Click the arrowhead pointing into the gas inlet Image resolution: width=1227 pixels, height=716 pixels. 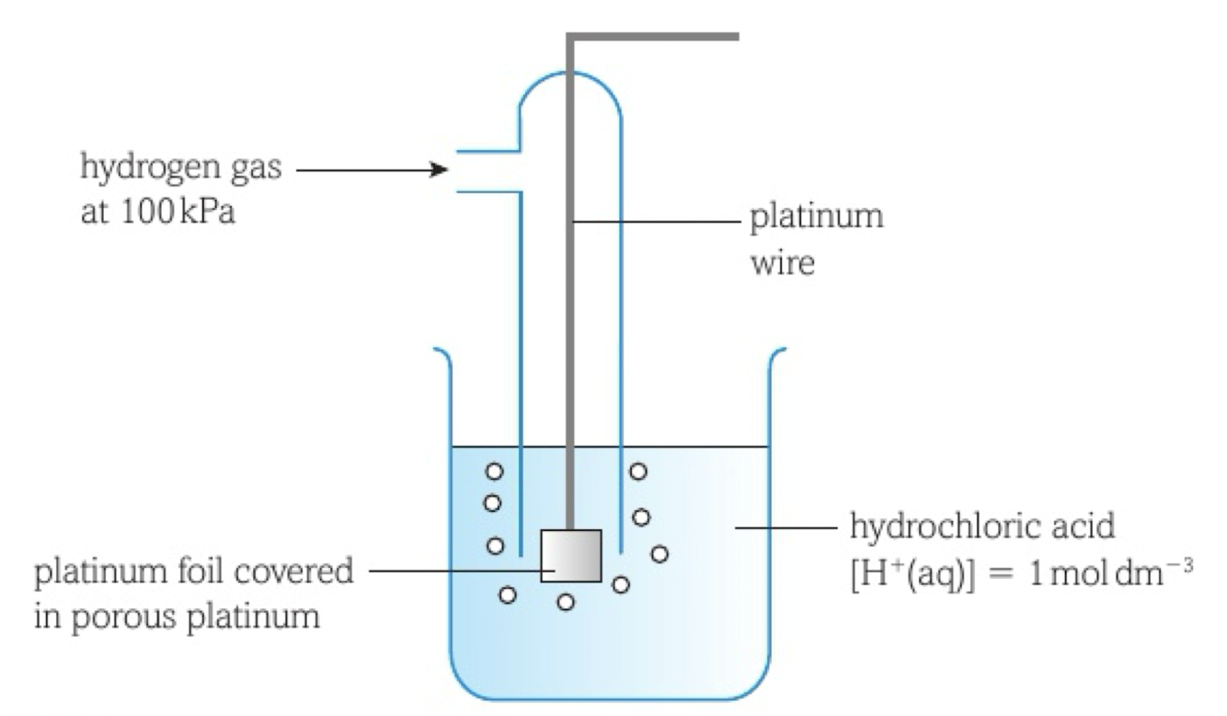(440, 169)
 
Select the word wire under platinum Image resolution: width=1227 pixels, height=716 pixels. (783, 264)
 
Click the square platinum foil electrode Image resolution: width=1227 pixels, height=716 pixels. (570, 555)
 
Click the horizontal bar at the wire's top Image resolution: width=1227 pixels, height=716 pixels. (653, 37)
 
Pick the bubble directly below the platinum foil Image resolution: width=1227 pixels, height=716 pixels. (567, 602)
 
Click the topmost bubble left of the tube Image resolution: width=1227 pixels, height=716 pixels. (495, 471)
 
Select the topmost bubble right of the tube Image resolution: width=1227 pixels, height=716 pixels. (637, 471)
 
